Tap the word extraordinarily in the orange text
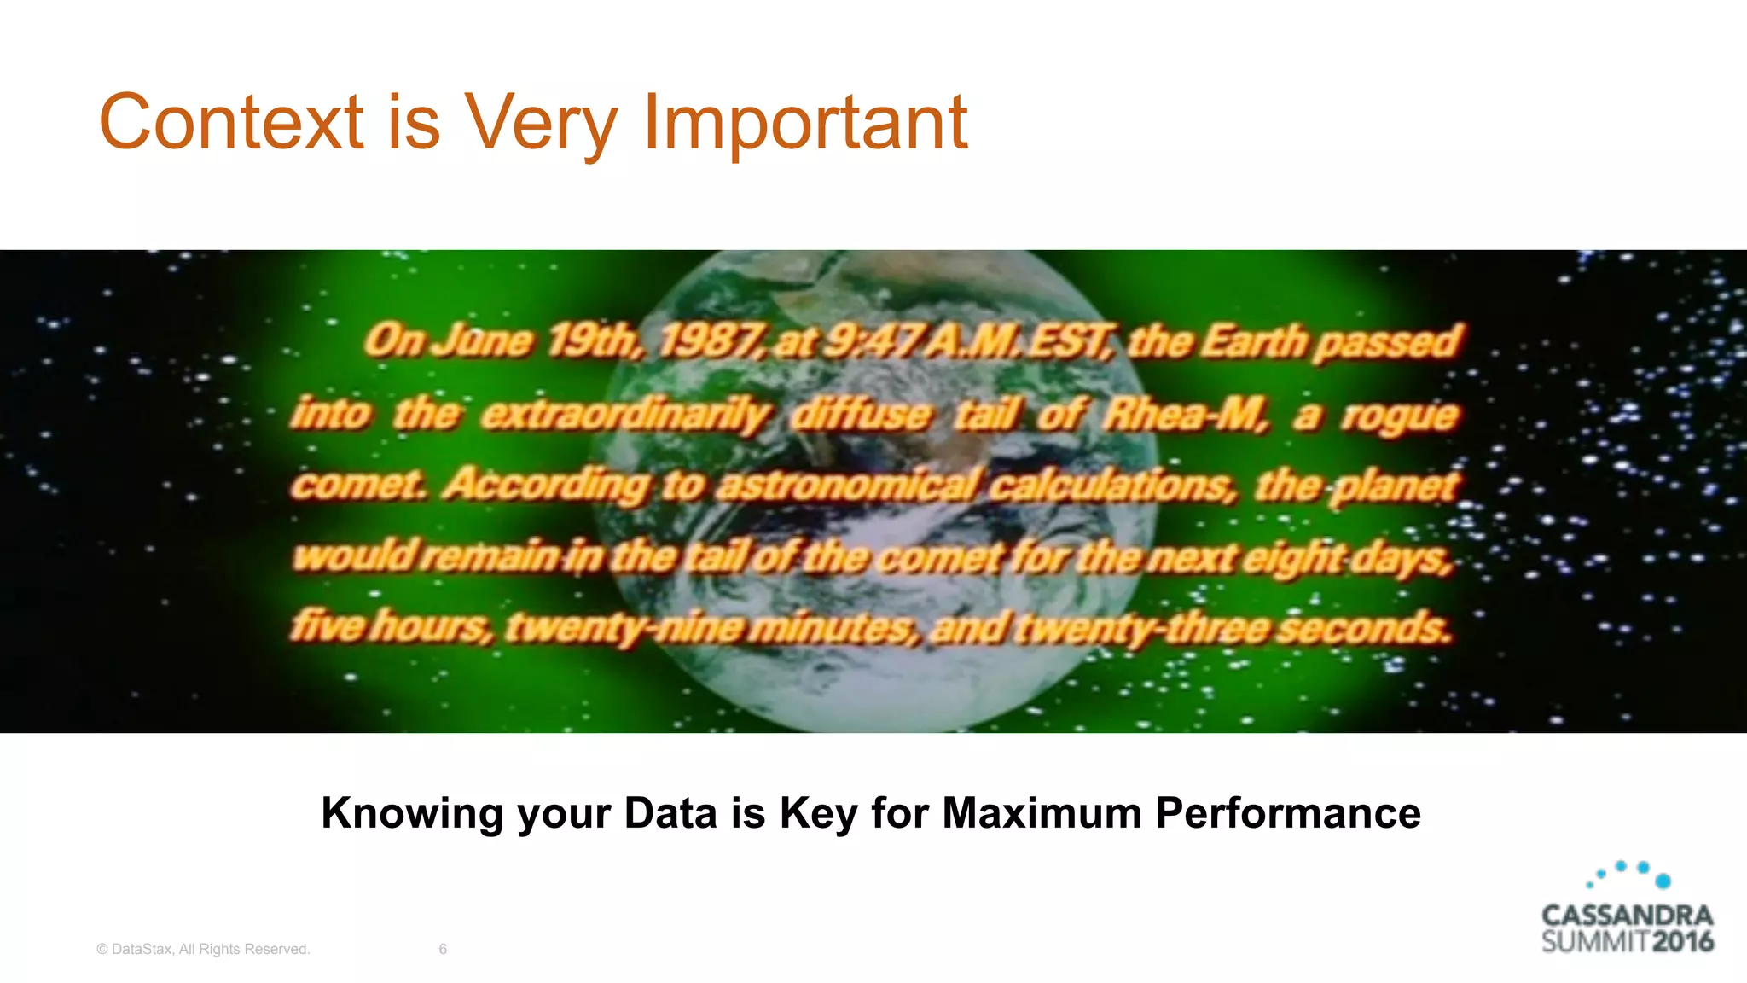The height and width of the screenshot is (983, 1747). (x=625, y=415)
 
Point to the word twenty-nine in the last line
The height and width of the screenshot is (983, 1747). (x=625, y=628)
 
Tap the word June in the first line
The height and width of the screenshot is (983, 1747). (x=484, y=341)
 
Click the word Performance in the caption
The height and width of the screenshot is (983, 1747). (x=1288, y=812)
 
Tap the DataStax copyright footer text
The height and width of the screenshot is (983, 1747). (x=203, y=949)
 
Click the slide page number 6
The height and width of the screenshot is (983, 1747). (x=443, y=949)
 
